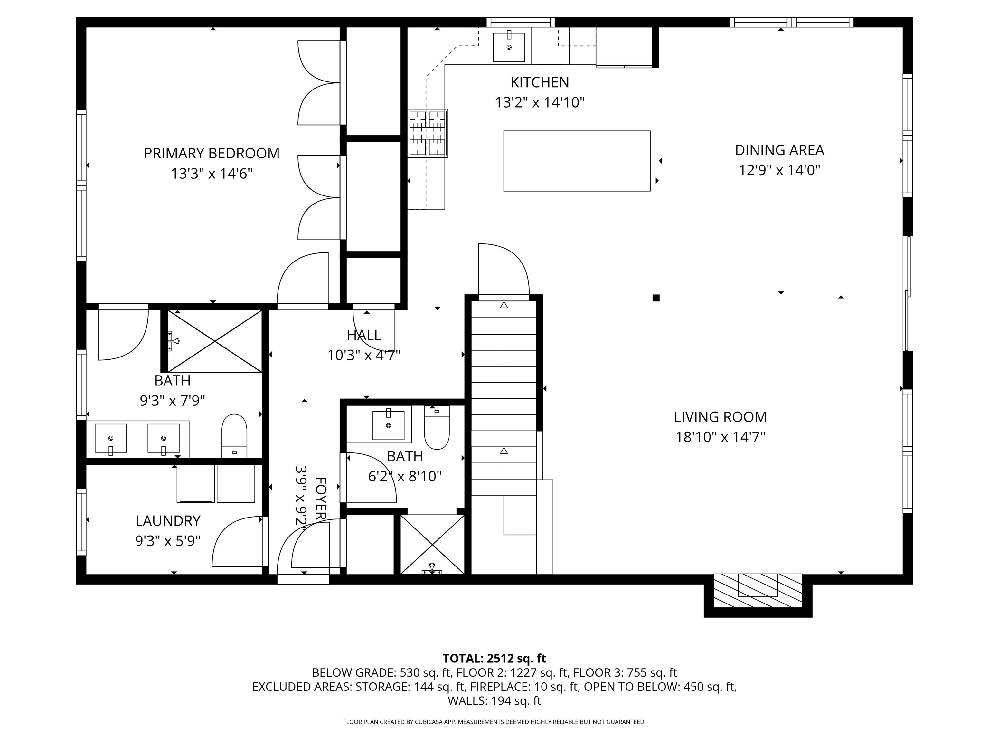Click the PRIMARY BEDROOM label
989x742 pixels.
coord(212,153)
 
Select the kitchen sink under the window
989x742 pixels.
coord(508,47)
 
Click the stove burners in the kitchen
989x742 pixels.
coord(428,133)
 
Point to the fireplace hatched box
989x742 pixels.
coord(758,590)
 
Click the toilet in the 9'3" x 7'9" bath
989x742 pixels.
coord(234,435)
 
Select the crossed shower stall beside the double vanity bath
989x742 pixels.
coord(215,341)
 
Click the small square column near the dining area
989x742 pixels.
coord(656,298)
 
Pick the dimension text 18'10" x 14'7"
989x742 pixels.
coord(720,437)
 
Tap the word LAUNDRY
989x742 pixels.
coord(168,521)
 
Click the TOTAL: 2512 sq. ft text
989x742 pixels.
coord(494,658)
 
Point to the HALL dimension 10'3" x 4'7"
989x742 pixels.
coord(363,356)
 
